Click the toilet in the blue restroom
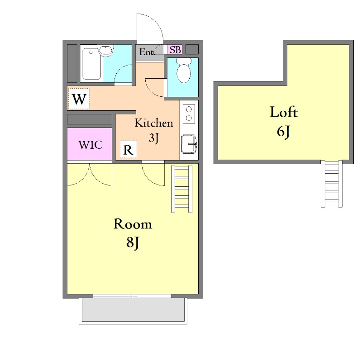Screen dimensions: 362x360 (x=184, y=70)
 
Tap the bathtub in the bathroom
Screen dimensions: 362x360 (x=92, y=64)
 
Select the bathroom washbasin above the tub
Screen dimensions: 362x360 (x=105, y=51)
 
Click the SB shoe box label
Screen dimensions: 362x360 (x=175, y=50)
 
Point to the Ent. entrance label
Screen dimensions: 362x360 (x=147, y=52)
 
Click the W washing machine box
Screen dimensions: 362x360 (x=79, y=99)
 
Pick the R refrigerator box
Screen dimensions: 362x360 (x=129, y=150)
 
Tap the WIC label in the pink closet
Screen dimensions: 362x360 (x=90, y=145)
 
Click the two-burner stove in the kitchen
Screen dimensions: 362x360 (x=189, y=114)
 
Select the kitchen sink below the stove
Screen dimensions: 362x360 (x=189, y=144)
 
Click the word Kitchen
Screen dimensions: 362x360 (x=154, y=123)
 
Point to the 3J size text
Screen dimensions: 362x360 (x=153, y=138)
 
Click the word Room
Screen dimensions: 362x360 (x=133, y=224)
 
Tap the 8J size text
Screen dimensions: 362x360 (x=133, y=243)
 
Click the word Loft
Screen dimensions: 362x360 (x=284, y=112)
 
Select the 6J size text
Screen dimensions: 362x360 (x=283, y=132)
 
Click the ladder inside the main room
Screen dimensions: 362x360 (x=182, y=189)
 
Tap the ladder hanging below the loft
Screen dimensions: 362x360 (x=332, y=184)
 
